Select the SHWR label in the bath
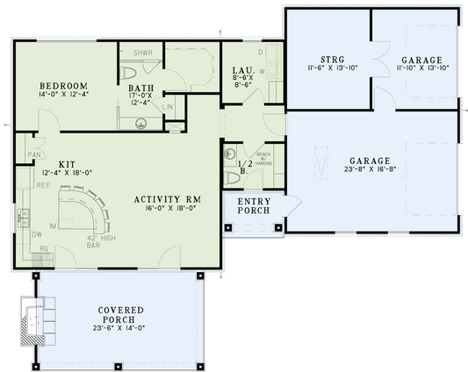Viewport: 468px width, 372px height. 143,53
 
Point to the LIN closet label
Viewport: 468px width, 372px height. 169,107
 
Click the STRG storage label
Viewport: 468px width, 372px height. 332,58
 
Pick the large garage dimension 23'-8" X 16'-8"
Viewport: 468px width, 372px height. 368,171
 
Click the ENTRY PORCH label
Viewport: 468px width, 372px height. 254,210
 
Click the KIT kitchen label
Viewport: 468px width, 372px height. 66,164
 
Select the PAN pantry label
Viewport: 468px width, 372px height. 34,154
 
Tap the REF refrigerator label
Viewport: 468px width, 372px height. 42,185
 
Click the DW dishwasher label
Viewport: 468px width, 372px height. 37,234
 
